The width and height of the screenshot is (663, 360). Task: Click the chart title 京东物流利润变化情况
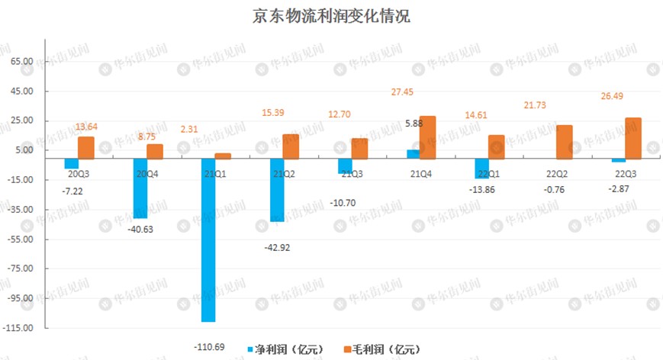331,17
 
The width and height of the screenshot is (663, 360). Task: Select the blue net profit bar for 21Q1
208,239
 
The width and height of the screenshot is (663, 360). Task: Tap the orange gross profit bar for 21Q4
427,137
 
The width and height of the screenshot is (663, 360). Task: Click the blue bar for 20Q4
140,188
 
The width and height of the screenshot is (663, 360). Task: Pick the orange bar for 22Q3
633,138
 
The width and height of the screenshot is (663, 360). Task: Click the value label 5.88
413,123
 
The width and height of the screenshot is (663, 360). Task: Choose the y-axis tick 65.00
22,62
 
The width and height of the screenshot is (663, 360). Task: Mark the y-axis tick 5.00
24,150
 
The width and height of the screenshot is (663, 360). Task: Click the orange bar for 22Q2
565,142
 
